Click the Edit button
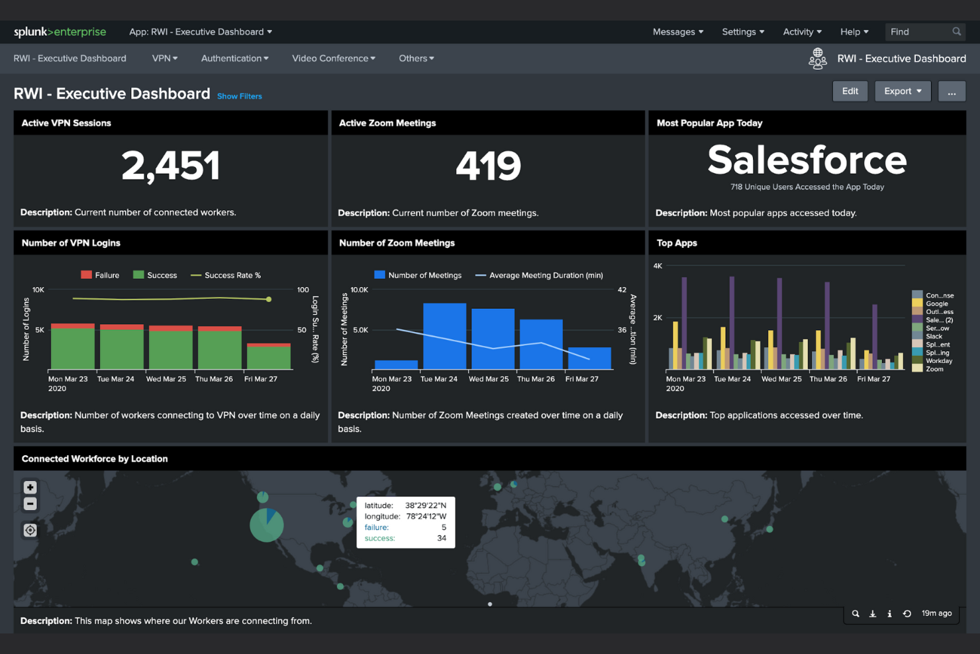[x=850, y=91]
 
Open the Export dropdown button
[x=903, y=91]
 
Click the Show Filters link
[x=239, y=96]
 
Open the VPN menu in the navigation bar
[x=164, y=58]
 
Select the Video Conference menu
[x=333, y=58]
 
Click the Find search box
[x=920, y=32]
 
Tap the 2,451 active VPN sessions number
[x=170, y=166]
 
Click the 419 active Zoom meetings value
[x=488, y=166]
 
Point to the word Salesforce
[x=807, y=160]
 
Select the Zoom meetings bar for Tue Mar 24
[x=444, y=336]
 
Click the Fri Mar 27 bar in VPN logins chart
[x=268, y=356]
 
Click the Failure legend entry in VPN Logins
[x=100, y=275]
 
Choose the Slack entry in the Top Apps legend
[x=933, y=336]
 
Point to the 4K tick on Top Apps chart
[x=658, y=266]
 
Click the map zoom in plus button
[x=30, y=488]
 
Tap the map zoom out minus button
[x=30, y=504]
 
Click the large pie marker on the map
[x=266, y=525]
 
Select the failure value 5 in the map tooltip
[x=443, y=527]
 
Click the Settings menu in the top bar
[x=742, y=32]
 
